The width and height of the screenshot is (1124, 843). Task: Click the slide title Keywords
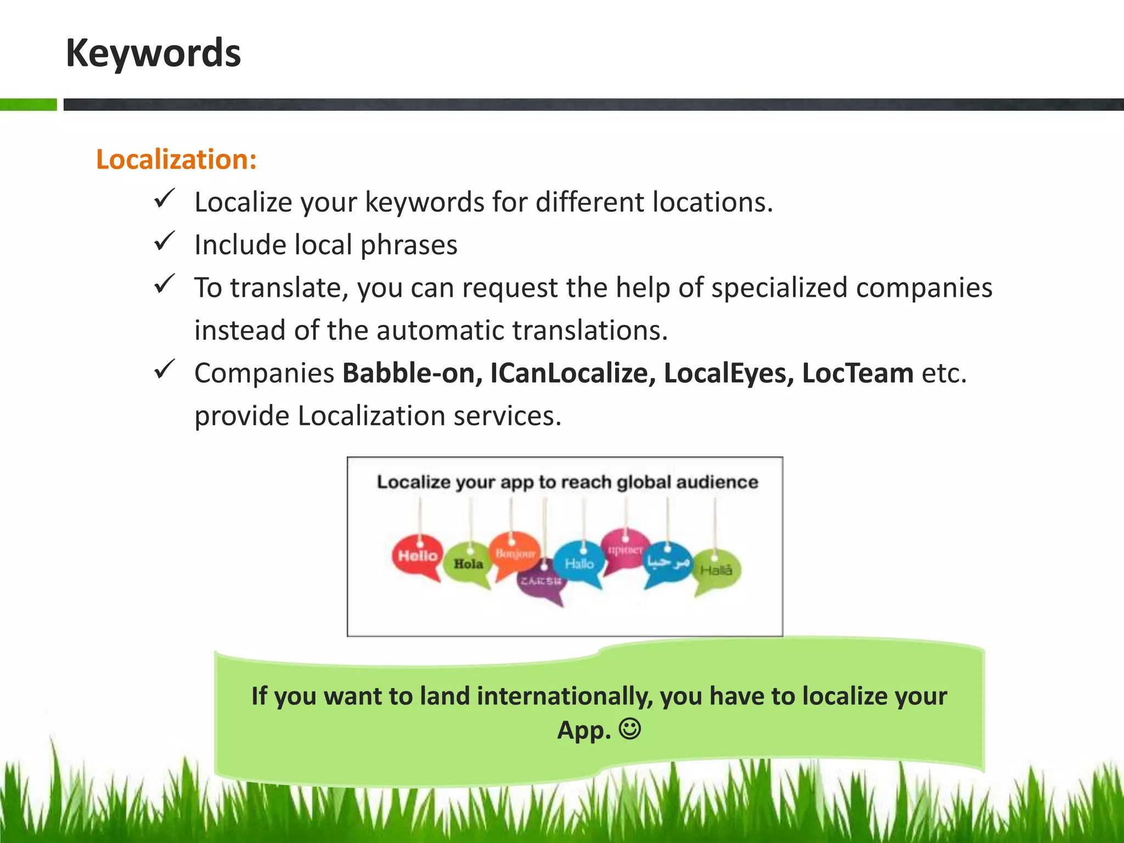tap(153, 53)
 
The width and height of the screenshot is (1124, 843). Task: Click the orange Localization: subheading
tap(176, 160)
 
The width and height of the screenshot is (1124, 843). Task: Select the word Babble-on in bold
tap(412, 373)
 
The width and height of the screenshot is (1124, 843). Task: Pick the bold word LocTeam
tap(857, 373)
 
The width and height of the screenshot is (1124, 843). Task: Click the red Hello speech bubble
tap(418, 555)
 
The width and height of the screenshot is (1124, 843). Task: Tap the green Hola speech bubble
tap(468, 564)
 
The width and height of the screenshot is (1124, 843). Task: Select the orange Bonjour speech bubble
tap(514, 553)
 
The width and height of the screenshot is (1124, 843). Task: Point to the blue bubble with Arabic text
tap(667, 562)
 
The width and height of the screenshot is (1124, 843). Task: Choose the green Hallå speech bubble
tap(716, 570)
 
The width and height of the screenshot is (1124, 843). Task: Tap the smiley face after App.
tap(630, 729)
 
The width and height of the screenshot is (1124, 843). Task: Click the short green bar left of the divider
tap(28, 104)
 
